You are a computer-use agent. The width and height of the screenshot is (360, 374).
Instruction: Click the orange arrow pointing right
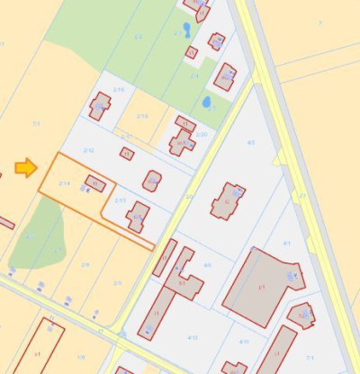(25, 167)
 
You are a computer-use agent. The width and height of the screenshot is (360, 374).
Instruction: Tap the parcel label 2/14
(64, 183)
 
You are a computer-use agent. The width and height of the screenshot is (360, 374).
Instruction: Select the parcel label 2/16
(119, 90)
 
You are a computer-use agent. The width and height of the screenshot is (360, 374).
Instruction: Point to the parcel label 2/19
(142, 116)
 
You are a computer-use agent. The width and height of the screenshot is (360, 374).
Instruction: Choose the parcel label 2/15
(121, 200)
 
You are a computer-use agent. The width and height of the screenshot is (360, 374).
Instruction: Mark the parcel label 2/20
(202, 134)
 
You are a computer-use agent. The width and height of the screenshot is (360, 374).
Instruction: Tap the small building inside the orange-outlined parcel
(94, 184)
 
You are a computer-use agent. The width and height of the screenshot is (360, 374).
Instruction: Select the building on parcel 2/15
(138, 217)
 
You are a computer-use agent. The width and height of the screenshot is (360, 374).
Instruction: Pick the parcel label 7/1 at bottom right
(309, 358)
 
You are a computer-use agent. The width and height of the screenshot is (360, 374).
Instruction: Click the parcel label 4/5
(250, 143)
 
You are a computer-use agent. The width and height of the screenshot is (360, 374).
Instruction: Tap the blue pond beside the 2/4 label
(206, 102)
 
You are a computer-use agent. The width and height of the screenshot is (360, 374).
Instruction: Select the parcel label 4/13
(192, 337)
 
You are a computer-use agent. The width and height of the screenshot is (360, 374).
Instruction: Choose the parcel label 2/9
(117, 282)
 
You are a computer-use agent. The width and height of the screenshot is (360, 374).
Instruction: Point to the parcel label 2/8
(85, 264)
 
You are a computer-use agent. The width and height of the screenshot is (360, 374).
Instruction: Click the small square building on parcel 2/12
(127, 154)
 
